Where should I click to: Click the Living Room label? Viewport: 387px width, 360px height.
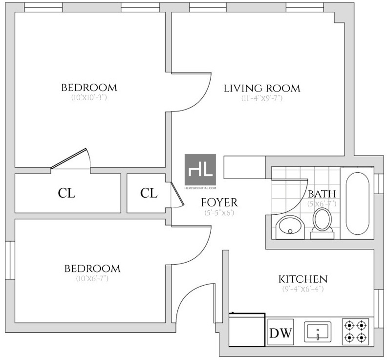tap(262, 89)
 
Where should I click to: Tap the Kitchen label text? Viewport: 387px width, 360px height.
tap(303, 279)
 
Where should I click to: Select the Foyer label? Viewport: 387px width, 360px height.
tap(219, 202)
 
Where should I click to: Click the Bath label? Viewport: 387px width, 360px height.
tap(322, 194)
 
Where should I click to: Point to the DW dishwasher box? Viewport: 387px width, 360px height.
tap(280, 332)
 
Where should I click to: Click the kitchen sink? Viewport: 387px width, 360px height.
tap(318, 332)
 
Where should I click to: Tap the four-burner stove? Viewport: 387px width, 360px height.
tap(355, 332)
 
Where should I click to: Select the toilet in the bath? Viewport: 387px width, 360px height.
tap(322, 223)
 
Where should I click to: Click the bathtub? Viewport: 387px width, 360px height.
tap(358, 203)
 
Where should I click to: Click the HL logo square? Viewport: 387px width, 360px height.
tap(200, 170)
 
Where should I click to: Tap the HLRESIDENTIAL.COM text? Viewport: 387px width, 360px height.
tap(200, 188)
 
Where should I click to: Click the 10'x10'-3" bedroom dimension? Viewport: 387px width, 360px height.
tap(89, 97)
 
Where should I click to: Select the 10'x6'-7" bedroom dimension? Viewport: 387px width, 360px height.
tap(92, 278)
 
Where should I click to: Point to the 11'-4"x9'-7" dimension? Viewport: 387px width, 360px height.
tap(262, 98)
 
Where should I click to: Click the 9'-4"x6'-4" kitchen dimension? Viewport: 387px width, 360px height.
tap(303, 289)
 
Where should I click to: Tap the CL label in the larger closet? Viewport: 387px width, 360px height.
tap(66, 193)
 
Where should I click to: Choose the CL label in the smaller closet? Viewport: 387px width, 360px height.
tap(149, 193)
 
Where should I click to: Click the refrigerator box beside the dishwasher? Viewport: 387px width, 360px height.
tap(247, 330)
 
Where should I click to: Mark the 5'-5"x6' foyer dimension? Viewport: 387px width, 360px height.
tap(219, 212)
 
